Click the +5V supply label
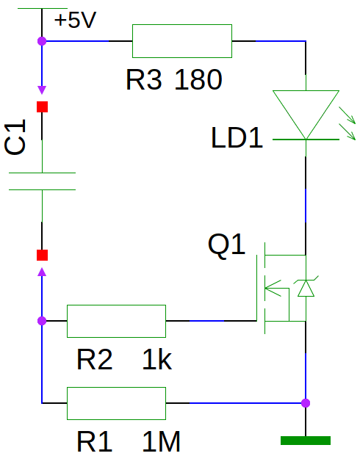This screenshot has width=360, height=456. tap(75, 20)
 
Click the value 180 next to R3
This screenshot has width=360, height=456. tap(198, 79)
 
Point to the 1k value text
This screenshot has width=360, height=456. tap(157, 360)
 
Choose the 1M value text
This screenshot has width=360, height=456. tap(161, 441)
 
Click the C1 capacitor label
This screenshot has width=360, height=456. tap(15, 137)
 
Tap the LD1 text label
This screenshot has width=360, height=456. tap(237, 138)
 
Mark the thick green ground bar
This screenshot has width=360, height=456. tap(306, 441)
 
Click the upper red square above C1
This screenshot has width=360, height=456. tap(42, 106)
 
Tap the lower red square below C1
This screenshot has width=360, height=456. tap(42, 255)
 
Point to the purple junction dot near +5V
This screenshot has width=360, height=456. tap(42, 41)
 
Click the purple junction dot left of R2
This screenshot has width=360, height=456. tap(42, 321)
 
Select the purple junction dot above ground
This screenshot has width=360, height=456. tap(306, 403)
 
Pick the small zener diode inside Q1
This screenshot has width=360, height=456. tap(306, 288)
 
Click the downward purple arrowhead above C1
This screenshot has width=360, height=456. tap(42, 90)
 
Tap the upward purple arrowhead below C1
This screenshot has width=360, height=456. tap(42, 272)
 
